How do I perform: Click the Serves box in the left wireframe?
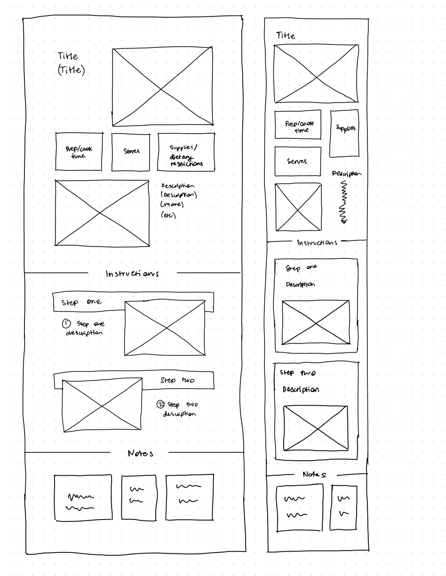tap(131, 152)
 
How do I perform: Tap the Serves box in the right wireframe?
tap(297, 161)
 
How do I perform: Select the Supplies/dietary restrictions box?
tap(186, 152)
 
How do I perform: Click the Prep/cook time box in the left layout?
tap(79, 152)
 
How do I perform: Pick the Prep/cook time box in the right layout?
tap(298, 125)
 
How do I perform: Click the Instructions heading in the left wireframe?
tap(132, 273)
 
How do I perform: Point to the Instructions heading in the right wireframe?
tap(317, 243)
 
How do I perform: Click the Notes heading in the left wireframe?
tap(140, 453)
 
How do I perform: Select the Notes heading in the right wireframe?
tap(315, 474)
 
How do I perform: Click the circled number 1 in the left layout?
tap(66, 324)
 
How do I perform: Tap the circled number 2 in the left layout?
tap(161, 404)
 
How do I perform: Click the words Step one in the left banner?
tap(81, 302)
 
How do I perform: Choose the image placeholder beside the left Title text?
tap(162, 87)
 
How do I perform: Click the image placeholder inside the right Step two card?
tap(316, 428)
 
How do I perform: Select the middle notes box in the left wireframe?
tap(138, 497)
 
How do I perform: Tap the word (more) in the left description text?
tap(172, 205)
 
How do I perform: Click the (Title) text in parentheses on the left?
tap(72, 71)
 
